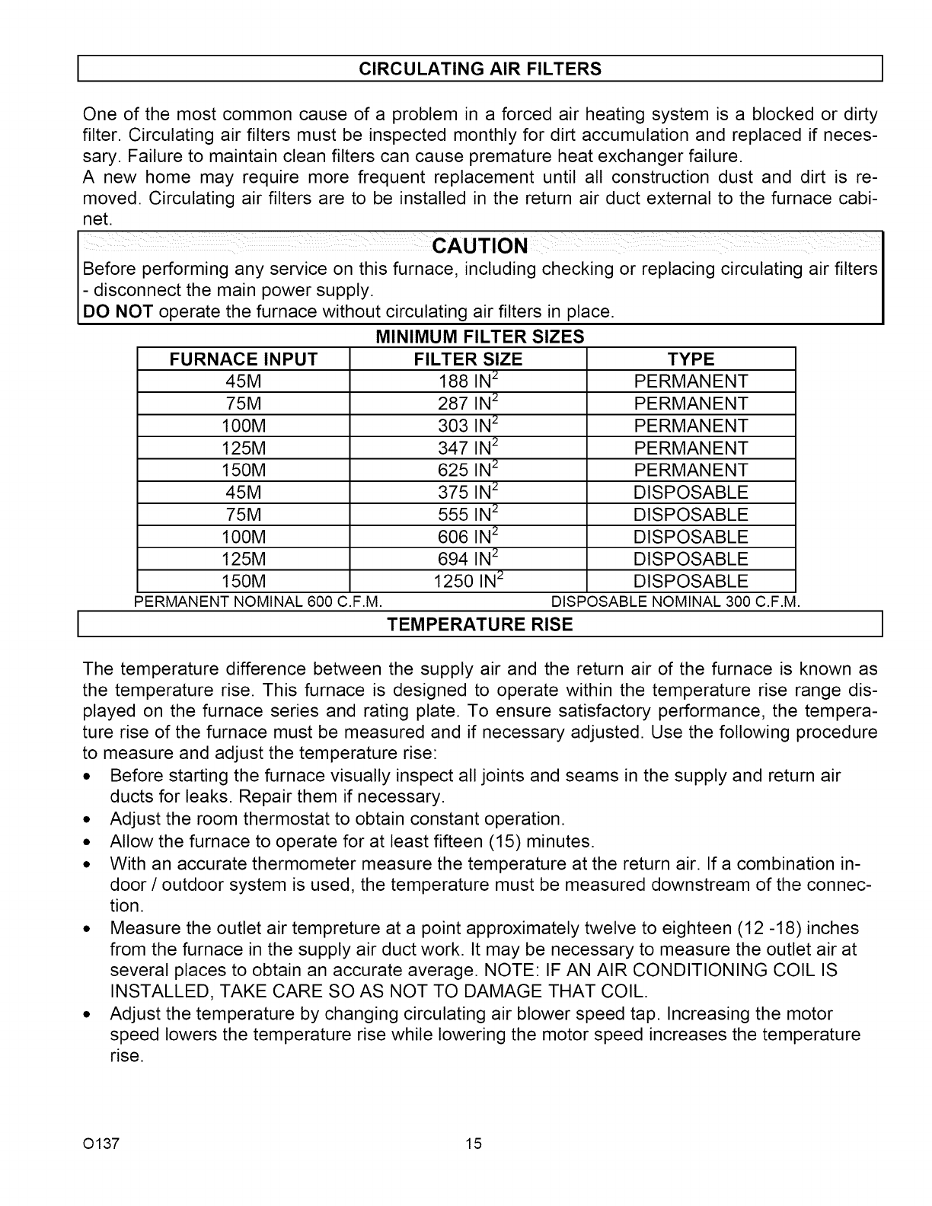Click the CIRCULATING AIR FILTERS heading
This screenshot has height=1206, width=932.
480,69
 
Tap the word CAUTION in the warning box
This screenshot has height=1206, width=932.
479,246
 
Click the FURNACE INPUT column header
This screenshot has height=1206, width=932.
242,359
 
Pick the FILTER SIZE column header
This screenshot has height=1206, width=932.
468,359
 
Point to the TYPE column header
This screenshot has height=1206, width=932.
691,359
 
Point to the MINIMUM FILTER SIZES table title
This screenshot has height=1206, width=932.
480,337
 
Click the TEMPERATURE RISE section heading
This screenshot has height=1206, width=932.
480,625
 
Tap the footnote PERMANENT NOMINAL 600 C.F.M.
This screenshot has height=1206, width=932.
257,603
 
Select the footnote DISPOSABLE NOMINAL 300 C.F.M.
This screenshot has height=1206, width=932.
675,603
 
